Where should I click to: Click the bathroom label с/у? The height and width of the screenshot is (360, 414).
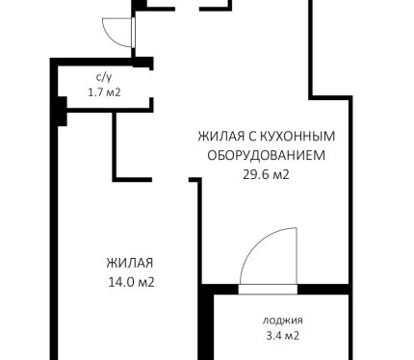pos(104,78)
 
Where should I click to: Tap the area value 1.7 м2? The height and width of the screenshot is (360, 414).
pos(104,92)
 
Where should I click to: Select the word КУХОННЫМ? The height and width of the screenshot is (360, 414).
pos(298,136)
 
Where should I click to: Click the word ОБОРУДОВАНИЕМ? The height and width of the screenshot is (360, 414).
pos(267,156)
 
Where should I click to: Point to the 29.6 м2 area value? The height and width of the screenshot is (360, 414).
pos(266,174)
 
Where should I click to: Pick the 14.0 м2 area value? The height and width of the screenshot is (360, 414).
pos(131,282)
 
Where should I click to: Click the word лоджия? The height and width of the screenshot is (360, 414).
pos(283,321)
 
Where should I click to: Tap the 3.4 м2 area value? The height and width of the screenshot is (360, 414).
pos(283,336)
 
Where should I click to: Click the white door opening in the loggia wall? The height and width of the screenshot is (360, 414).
pos(268,289)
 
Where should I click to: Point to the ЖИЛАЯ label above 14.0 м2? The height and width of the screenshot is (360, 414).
pos(130,263)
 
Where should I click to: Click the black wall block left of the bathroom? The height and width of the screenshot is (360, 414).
pos(62,111)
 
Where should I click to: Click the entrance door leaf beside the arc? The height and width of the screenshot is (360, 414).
pos(134,33)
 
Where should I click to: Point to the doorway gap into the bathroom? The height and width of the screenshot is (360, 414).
pos(151,84)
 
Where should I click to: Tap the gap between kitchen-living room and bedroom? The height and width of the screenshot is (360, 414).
pos(170,179)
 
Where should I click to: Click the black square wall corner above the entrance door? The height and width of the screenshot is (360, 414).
pos(139,5)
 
